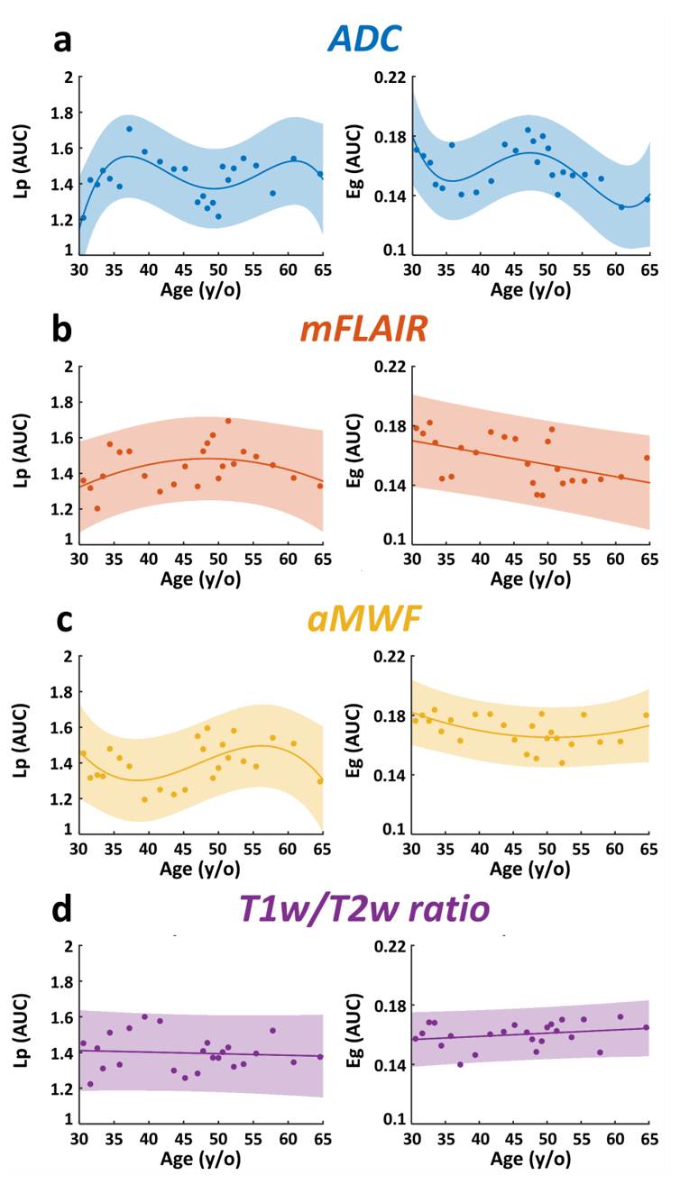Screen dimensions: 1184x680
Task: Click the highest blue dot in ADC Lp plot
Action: click(x=129, y=129)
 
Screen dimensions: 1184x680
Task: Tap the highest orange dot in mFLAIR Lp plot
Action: click(x=228, y=421)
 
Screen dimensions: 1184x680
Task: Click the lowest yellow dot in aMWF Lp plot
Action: click(x=144, y=799)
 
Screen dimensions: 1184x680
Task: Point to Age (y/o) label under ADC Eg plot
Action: click(x=529, y=290)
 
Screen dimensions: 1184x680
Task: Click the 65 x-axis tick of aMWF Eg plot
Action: click(x=648, y=851)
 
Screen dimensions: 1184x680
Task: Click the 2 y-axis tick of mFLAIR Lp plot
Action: click(x=68, y=367)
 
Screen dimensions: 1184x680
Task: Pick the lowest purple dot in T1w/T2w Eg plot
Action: click(x=460, y=1064)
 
